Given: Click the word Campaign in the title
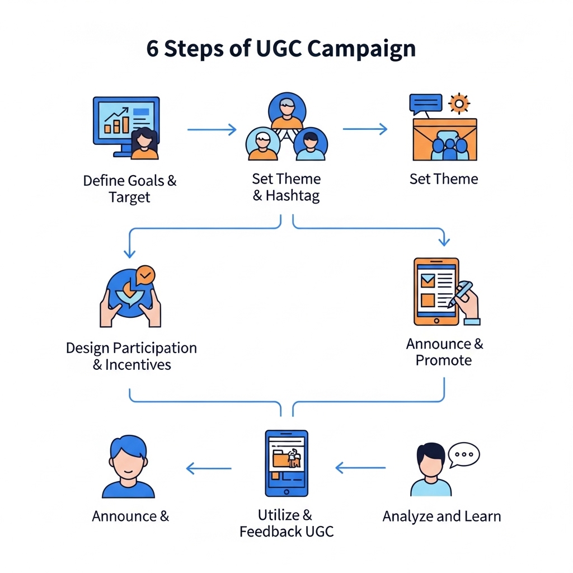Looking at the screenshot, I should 361,49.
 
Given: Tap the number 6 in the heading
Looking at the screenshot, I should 152,49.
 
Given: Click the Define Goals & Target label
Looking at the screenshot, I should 129,189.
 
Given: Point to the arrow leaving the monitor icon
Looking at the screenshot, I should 212,130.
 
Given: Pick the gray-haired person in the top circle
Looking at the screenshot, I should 286,110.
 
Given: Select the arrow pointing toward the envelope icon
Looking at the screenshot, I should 365,129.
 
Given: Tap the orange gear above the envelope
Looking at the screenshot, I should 459,104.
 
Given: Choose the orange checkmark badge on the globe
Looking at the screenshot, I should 145,275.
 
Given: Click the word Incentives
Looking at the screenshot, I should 138,365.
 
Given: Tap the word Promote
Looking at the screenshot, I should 444,360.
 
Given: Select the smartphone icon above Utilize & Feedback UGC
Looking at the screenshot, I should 286,463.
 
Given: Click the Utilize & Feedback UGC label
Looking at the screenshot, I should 286,523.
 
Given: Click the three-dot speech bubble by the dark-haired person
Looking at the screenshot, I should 464,454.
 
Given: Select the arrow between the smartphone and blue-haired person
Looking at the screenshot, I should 209,468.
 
